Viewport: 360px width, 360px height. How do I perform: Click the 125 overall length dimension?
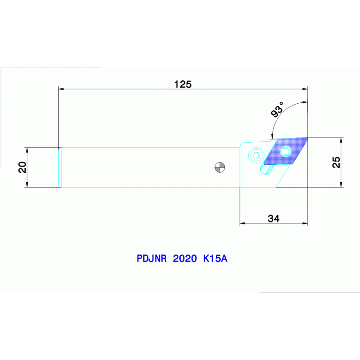183,84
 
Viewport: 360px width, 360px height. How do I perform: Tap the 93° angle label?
277,109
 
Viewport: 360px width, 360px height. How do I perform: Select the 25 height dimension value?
337,162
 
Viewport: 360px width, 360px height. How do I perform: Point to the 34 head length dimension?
274,219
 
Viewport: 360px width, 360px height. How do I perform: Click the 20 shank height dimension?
23,167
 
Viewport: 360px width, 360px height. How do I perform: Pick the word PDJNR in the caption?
152,259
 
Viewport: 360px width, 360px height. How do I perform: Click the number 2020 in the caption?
185,259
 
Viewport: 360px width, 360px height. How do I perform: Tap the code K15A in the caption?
215,259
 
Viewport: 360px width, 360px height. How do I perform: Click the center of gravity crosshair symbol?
220,168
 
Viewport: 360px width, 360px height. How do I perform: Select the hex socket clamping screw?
256,155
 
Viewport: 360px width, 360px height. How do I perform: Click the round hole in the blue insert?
286,152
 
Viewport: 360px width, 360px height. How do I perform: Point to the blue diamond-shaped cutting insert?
285,151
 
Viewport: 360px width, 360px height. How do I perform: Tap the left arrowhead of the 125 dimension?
61,89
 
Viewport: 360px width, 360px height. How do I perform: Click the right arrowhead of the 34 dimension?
305,223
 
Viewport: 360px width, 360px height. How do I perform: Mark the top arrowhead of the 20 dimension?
27,150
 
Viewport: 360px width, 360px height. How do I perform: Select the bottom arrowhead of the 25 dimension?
341,184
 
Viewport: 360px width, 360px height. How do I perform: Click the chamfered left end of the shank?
60,168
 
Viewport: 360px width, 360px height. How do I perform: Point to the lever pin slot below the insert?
267,169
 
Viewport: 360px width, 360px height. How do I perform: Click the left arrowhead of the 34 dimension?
243,223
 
